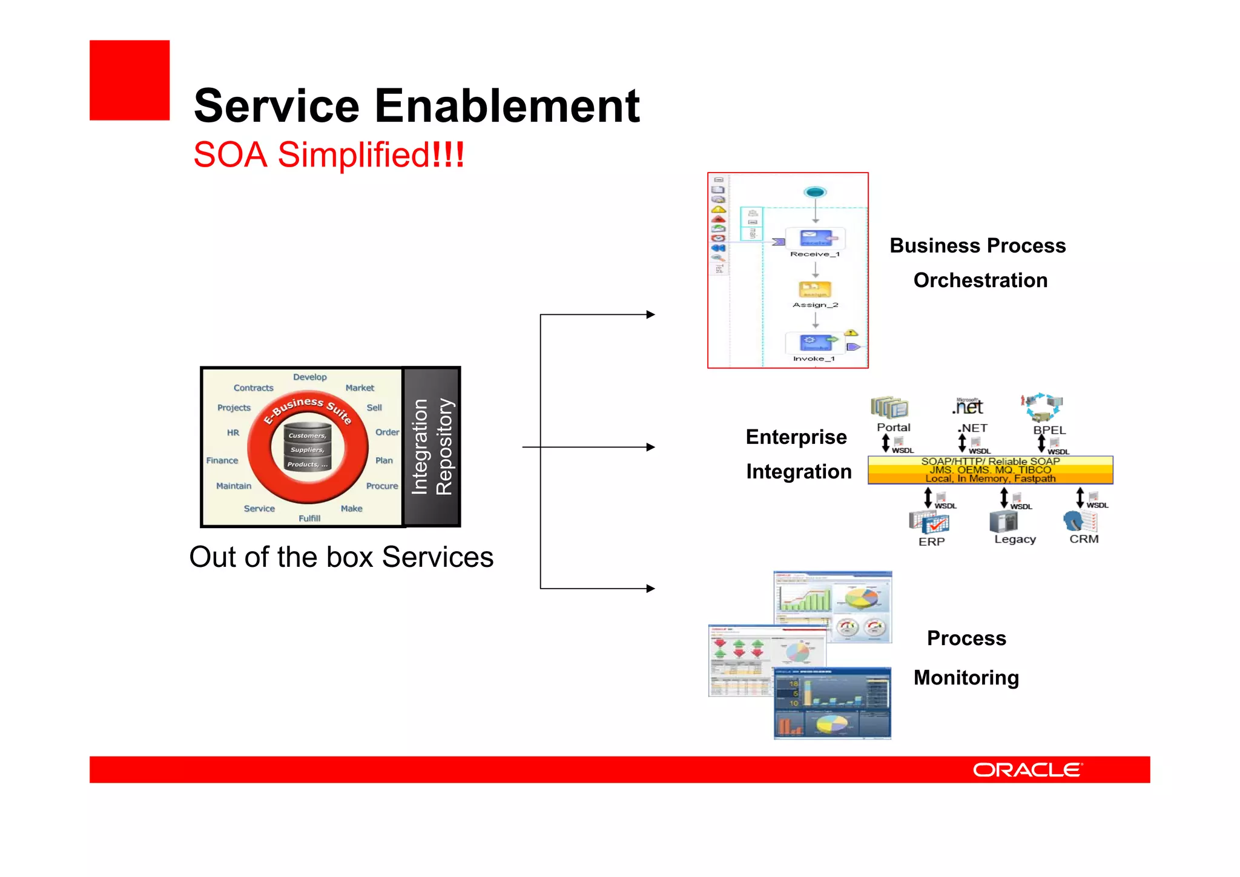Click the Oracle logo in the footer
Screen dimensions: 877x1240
pyautogui.click(x=1027, y=770)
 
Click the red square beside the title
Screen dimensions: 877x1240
pyautogui.click(x=130, y=81)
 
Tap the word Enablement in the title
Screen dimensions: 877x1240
pyautogui.click(x=507, y=106)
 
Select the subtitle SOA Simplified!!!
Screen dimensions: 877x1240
pyautogui.click(x=328, y=155)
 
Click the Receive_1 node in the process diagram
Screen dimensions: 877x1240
pyautogui.click(x=815, y=239)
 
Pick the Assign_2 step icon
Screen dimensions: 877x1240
pyautogui.click(x=815, y=290)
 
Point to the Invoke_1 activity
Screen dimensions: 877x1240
pyautogui.click(x=815, y=343)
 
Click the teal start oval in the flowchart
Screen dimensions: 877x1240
pyautogui.click(x=815, y=193)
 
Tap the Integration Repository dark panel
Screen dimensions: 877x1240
pyautogui.click(x=432, y=447)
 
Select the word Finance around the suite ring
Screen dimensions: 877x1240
pyautogui.click(x=222, y=461)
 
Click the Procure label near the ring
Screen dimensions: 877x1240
pyautogui.click(x=382, y=486)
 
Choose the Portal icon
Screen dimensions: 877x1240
pyautogui.click(x=889, y=408)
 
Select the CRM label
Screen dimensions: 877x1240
pyautogui.click(x=1084, y=539)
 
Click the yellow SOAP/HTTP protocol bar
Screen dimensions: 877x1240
pyautogui.click(x=990, y=470)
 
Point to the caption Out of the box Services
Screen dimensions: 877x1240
pyautogui.click(x=341, y=557)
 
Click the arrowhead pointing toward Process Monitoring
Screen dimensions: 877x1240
pyautogui.click(x=651, y=588)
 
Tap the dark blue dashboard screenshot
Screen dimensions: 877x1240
pyautogui.click(x=832, y=704)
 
